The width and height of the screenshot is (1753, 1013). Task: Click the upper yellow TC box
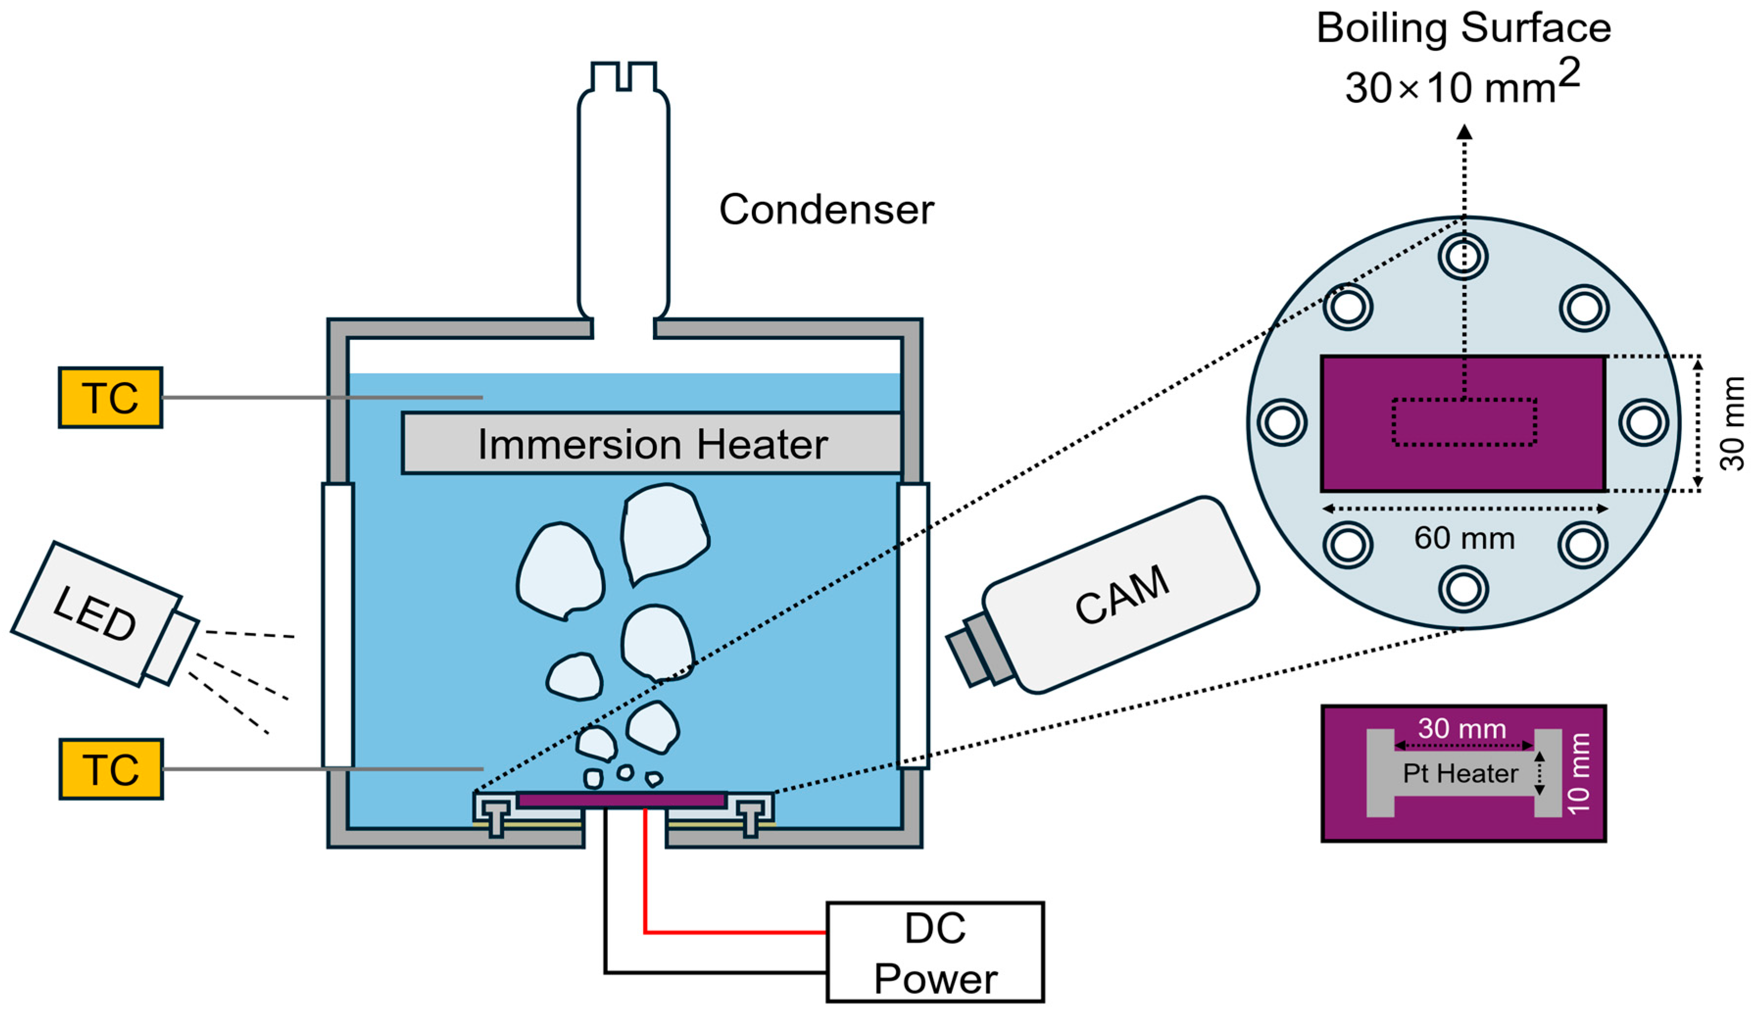pos(110,397)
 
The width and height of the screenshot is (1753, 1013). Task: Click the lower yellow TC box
pos(111,769)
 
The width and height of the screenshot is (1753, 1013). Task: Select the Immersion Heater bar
pos(652,444)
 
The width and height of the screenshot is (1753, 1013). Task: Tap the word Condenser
pos(826,210)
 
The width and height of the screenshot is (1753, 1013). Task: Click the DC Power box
pos(935,952)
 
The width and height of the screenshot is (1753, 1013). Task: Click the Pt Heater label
pos(1460,773)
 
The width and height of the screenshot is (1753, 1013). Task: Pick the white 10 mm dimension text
pos(1578,773)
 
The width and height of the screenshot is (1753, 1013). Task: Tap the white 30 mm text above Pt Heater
pos(1462,728)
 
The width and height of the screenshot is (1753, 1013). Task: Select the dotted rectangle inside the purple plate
pos(1464,422)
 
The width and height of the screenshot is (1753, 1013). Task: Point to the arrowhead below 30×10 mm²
pos(1465,131)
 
